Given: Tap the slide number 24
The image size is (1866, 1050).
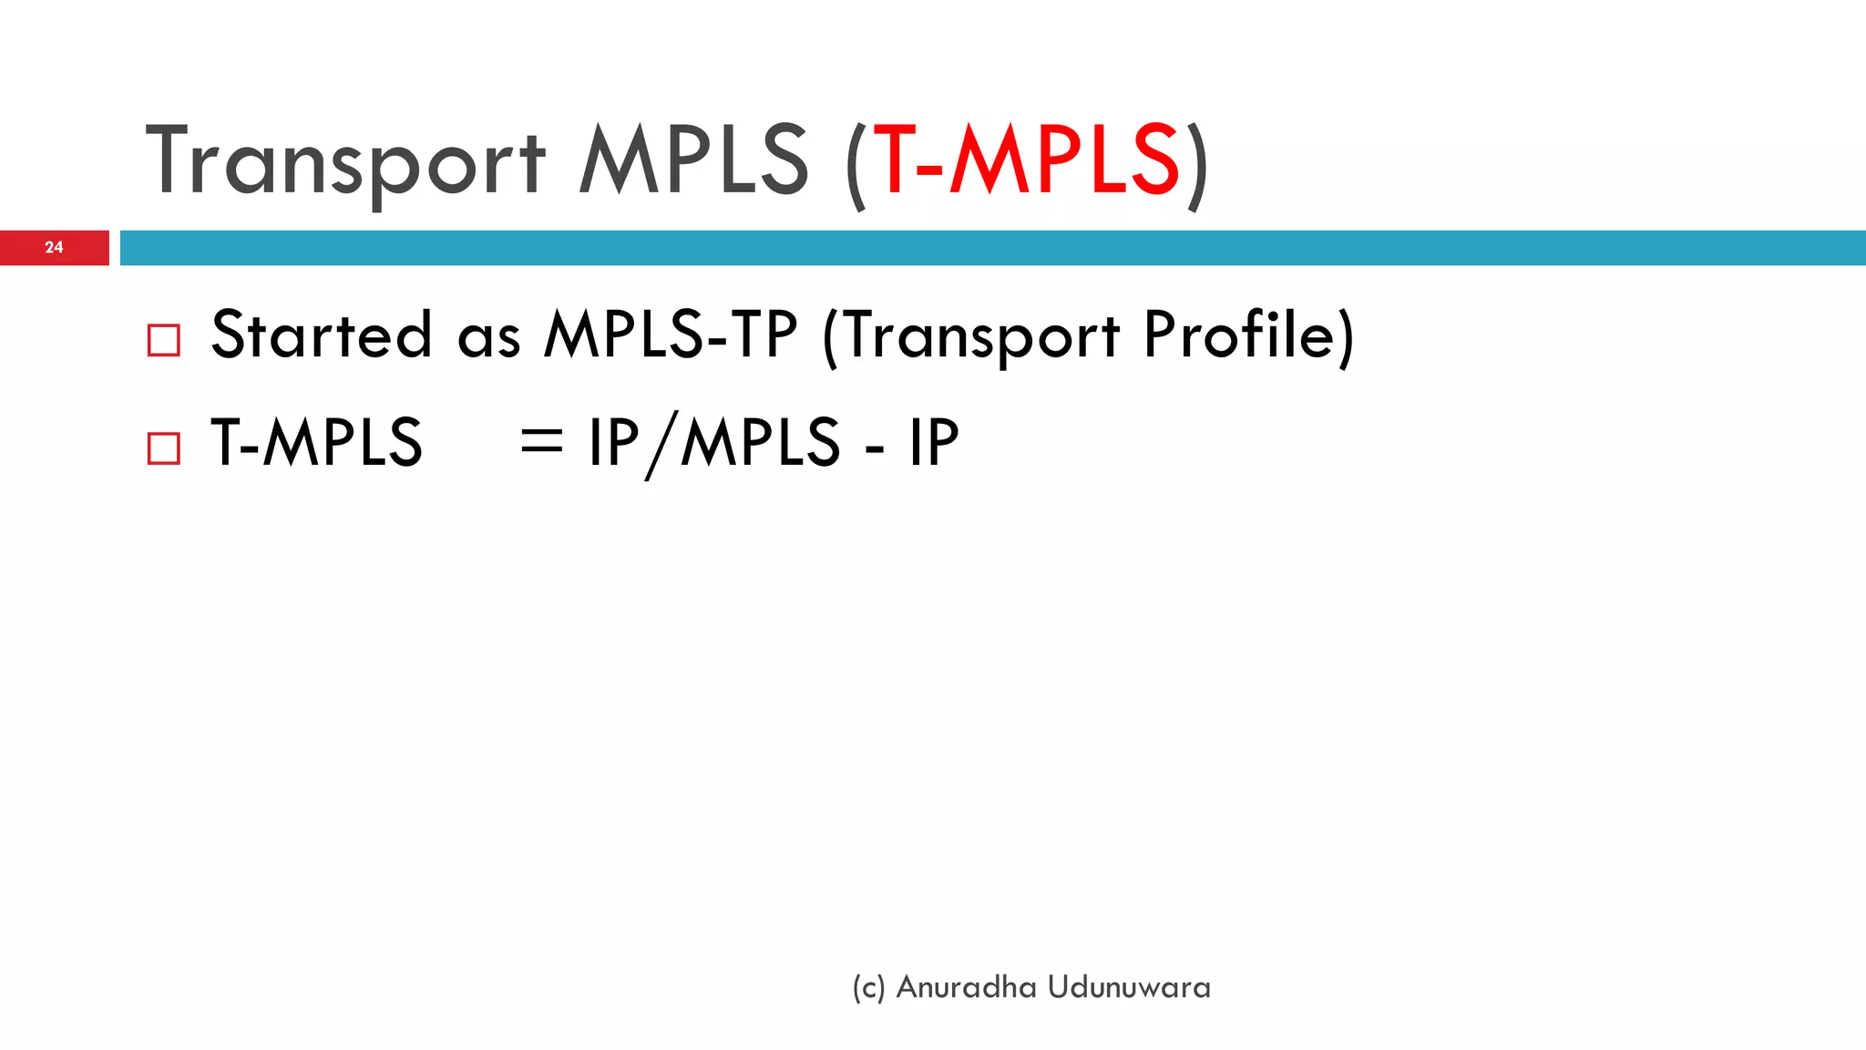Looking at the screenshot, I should tap(54, 247).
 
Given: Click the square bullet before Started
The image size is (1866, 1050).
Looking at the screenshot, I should tap(164, 341).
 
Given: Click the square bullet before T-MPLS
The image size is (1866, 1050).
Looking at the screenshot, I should tap(164, 448).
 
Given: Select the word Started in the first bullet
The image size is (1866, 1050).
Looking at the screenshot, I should tap(321, 335).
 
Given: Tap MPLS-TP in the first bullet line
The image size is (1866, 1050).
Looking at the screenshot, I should tap(671, 335).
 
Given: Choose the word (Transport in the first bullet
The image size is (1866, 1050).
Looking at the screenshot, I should tap(970, 336).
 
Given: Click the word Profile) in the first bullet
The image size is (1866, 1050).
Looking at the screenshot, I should tap(1248, 336).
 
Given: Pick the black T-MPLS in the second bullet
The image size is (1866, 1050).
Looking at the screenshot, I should tap(316, 443).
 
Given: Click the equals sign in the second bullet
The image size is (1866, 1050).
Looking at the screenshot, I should tap(541, 442).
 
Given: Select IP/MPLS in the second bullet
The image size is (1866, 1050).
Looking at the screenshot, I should tap(713, 444).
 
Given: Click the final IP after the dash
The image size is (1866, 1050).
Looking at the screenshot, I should tap(934, 443).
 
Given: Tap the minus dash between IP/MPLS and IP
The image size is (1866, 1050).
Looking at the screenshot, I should tap(874, 448).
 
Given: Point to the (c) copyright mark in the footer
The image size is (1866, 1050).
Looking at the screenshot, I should tap(868, 988).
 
